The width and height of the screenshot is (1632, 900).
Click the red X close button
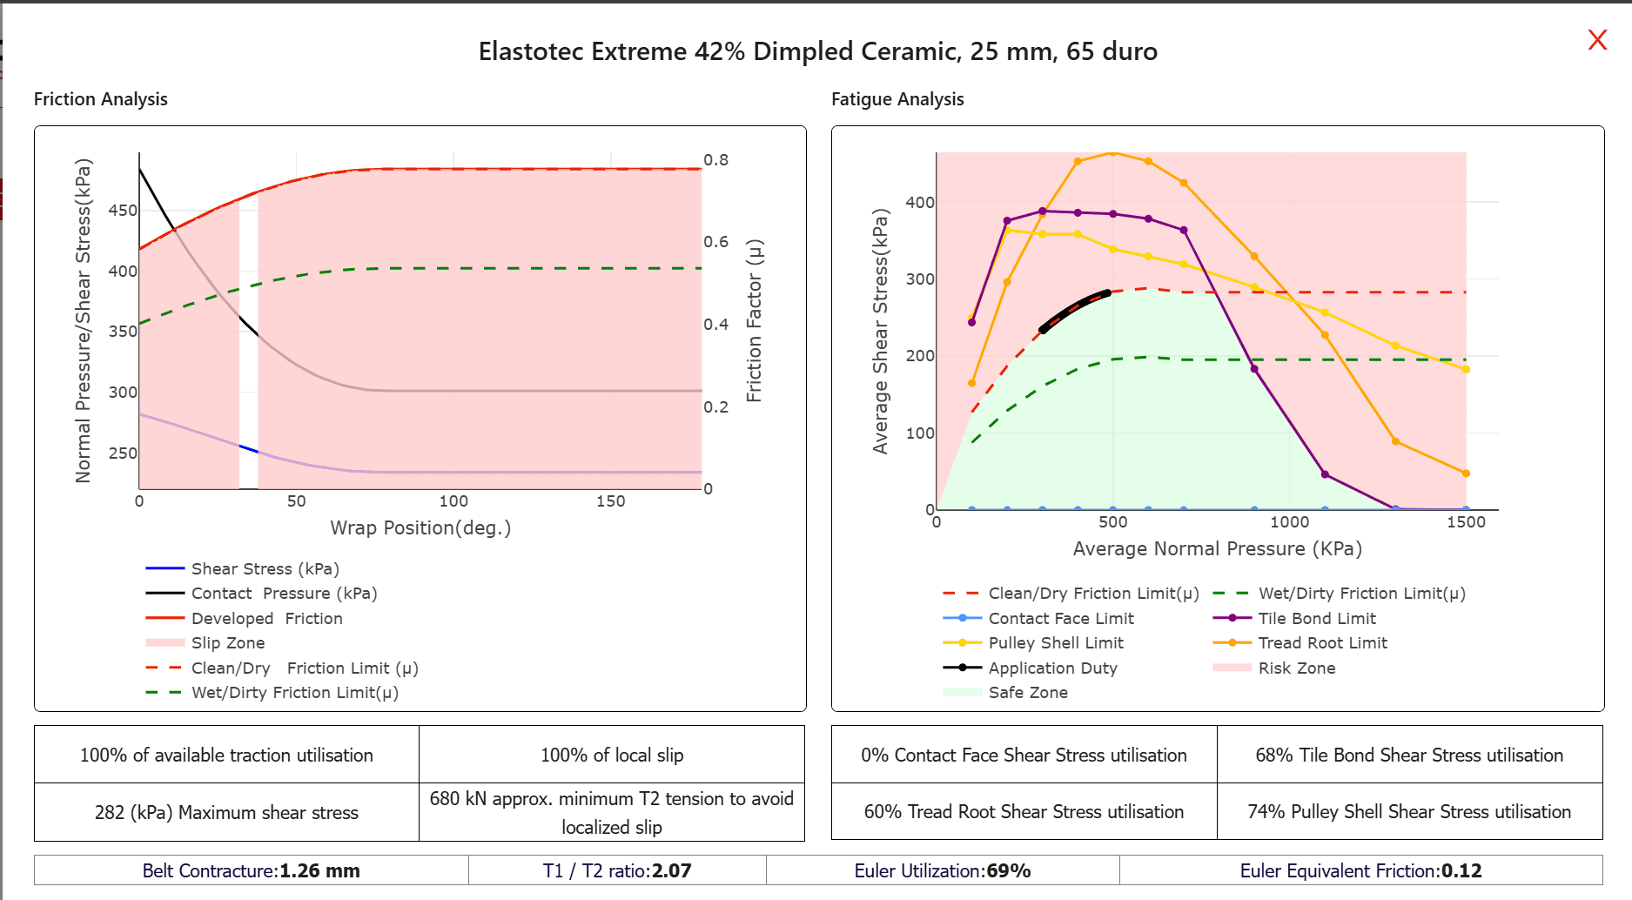[x=1597, y=40]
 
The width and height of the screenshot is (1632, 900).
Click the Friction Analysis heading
[x=101, y=99]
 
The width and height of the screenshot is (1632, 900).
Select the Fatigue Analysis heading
[x=897, y=99]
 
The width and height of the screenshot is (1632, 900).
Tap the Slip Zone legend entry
[x=227, y=643]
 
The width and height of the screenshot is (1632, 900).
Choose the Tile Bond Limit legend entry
[x=1316, y=619]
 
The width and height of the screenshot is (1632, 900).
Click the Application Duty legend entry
[x=1052, y=668]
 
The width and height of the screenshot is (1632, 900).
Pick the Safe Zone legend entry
[x=1027, y=693]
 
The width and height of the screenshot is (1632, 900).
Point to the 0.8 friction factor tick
[x=715, y=160]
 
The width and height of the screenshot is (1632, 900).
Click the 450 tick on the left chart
[x=123, y=211]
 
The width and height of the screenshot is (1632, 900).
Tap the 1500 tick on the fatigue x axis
[x=1466, y=522]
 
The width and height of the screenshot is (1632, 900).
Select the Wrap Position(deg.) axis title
[x=420, y=528]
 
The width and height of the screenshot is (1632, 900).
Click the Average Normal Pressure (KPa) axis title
[x=1217, y=549]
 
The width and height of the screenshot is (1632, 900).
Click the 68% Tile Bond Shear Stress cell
[x=1408, y=756]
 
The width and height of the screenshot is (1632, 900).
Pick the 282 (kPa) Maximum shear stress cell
[x=226, y=813]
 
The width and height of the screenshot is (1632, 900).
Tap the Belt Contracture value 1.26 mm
[x=319, y=871]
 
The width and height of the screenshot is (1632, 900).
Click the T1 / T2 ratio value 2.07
[x=671, y=871]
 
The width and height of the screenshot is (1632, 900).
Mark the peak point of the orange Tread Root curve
[x=1112, y=153]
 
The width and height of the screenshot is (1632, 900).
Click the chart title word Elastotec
[x=531, y=52]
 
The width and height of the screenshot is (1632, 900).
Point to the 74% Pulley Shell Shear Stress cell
[x=1408, y=812]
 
